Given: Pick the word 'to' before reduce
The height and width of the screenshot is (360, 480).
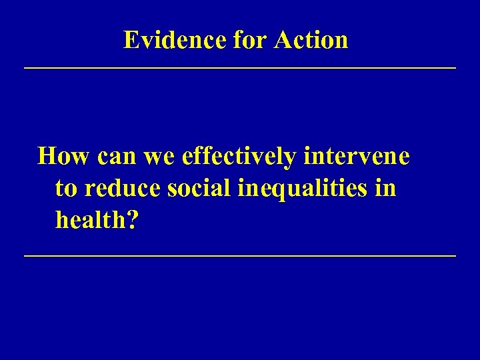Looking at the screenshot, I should tap(65, 189).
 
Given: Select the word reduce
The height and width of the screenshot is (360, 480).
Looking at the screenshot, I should tap(121, 189).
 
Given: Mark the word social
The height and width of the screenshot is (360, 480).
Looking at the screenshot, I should tap(200, 189).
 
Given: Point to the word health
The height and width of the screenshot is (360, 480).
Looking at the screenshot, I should tap(91, 220).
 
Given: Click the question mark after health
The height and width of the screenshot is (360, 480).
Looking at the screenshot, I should tap(133, 220).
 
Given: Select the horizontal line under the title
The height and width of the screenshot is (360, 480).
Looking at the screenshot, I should tap(240, 68).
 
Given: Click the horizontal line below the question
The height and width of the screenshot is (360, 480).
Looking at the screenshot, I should tap(240, 256).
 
